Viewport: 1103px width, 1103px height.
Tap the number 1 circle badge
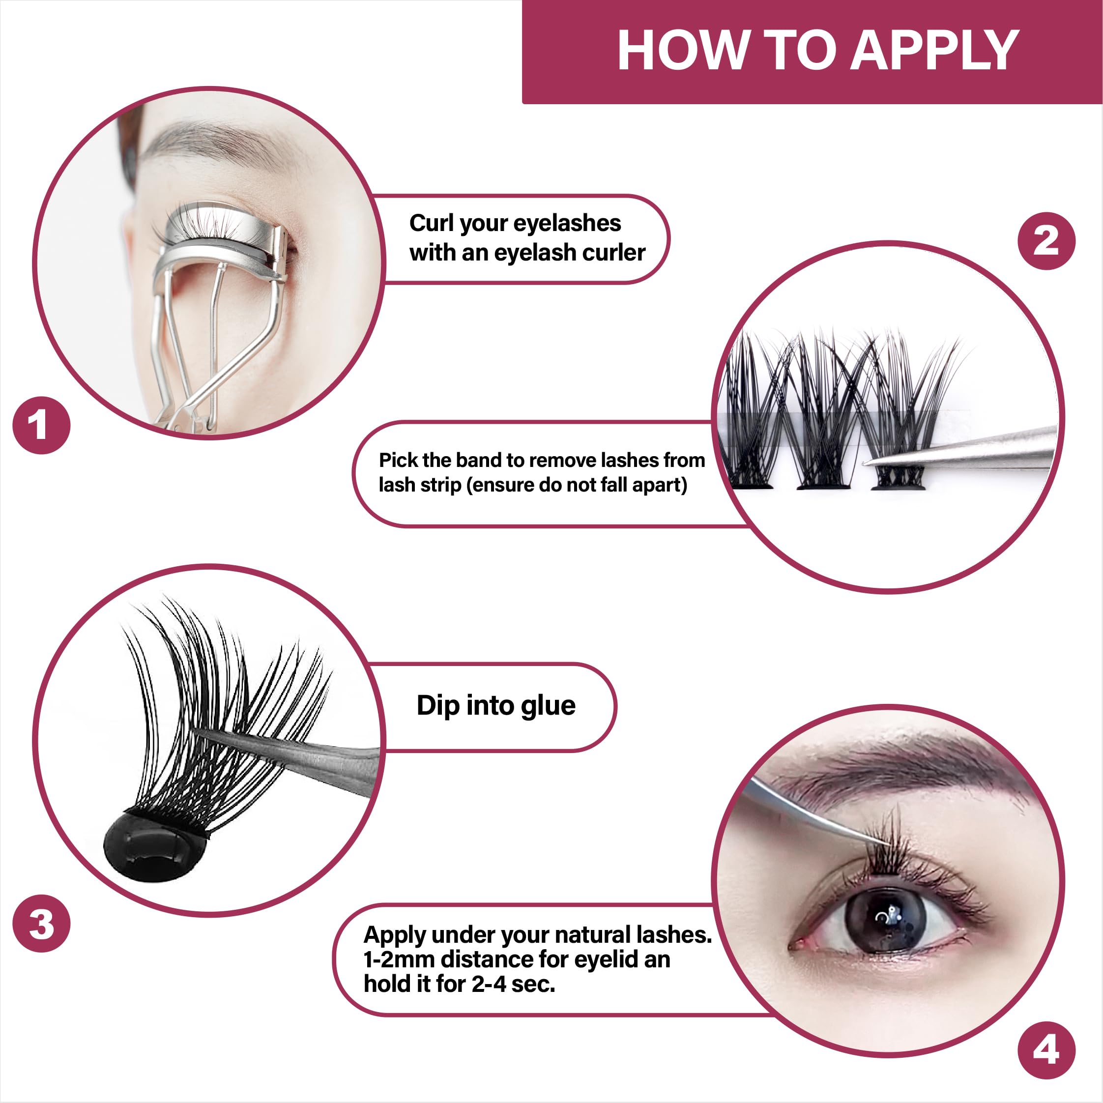[41, 425]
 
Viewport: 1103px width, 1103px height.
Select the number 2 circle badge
[1046, 241]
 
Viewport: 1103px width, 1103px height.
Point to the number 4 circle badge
[1046, 1050]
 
